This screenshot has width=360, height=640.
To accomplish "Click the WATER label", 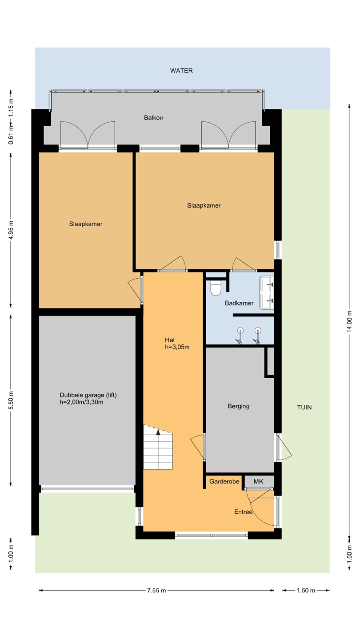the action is click(x=181, y=71).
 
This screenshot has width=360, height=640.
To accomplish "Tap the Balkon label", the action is click(x=154, y=118).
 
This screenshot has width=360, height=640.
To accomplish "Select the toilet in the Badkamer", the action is click(x=216, y=288).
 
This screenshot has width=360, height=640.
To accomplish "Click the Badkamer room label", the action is click(x=239, y=303).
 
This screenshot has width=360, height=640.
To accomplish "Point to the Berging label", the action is click(x=239, y=406).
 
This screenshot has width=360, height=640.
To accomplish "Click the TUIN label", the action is click(x=304, y=408).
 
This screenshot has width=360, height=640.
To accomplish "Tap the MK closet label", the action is click(x=258, y=481).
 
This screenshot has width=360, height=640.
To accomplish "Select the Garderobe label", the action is click(x=224, y=481).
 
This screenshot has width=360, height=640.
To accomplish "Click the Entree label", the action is click(x=244, y=512).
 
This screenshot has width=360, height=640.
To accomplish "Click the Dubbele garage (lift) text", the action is click(x=88, y=395).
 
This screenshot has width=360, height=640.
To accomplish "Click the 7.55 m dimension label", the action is click(x=156, y=590).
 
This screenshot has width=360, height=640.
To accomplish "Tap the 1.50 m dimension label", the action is click(x=306, y=590).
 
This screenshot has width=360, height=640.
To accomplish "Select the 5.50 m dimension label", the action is click(x=11, y=400).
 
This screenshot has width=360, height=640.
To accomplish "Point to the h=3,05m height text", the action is click(x=177, y=347).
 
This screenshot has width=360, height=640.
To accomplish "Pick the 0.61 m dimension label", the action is click(x=11, y=135).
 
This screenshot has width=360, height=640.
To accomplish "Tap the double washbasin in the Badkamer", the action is click(x=267, y=292).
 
